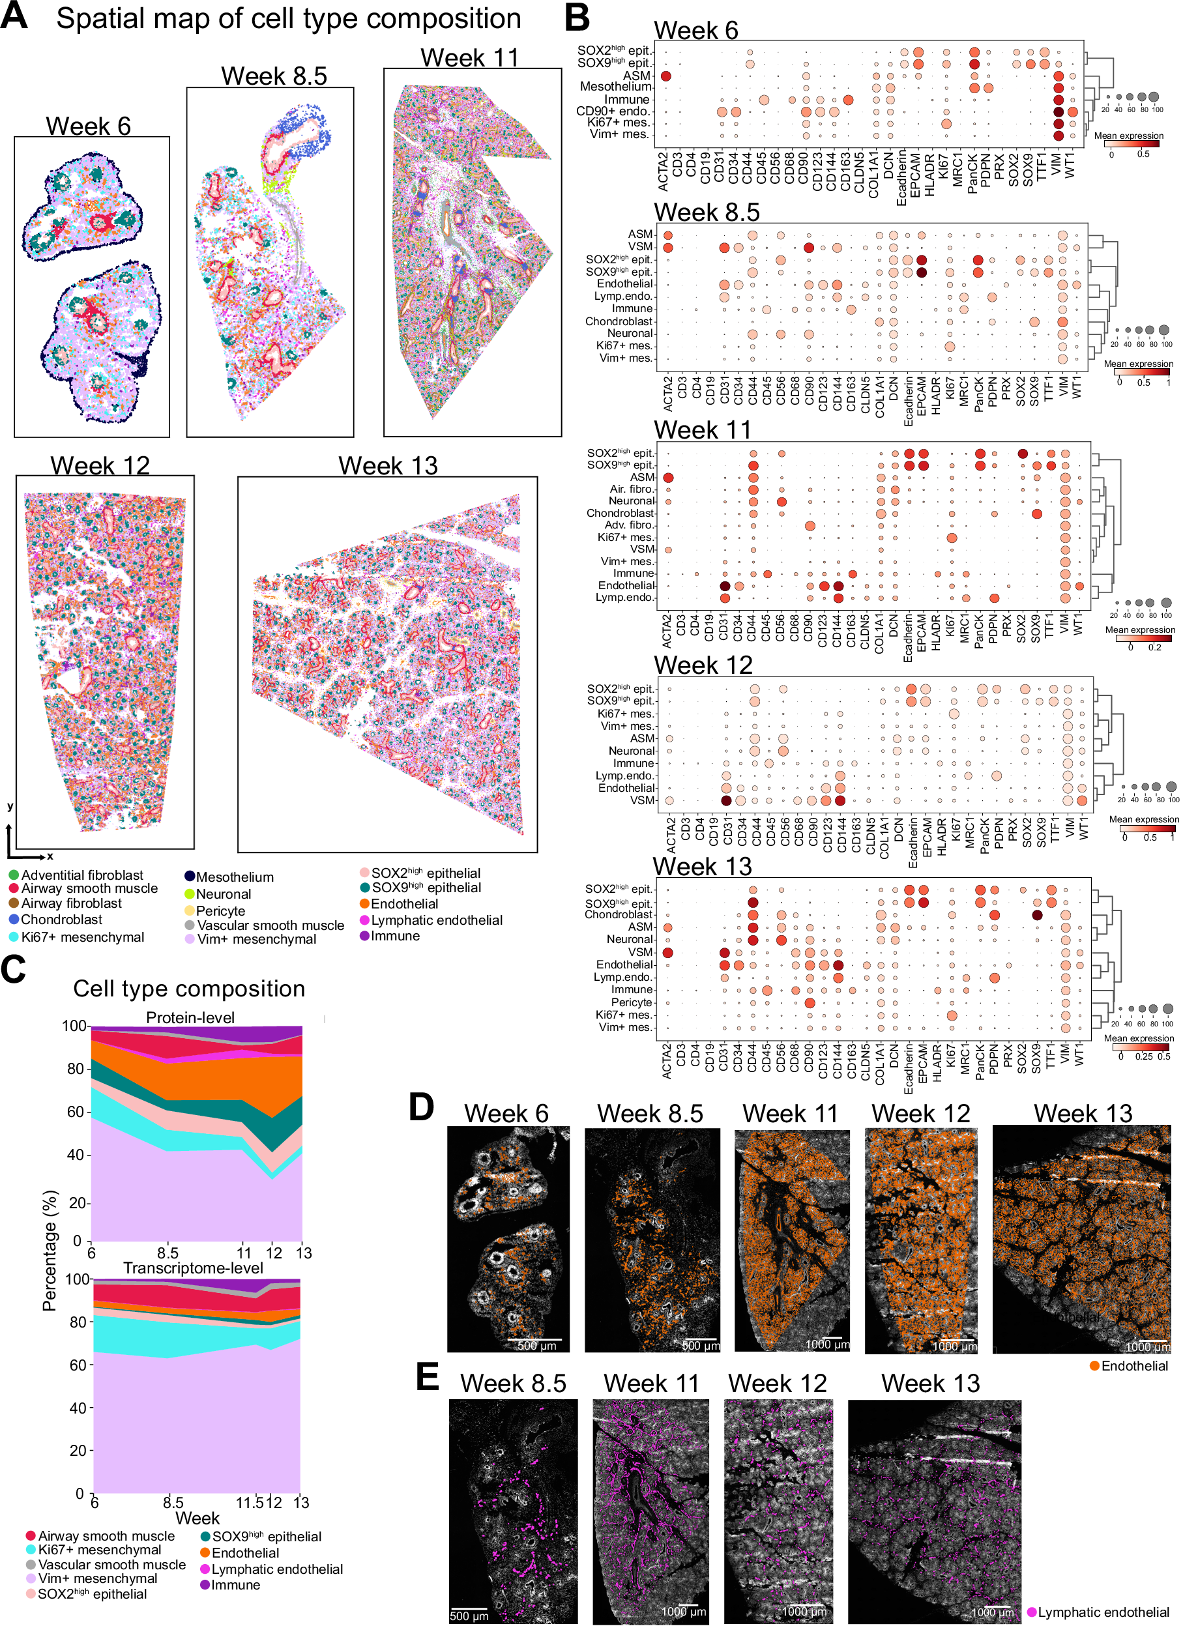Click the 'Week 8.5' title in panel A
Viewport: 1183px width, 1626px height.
click(x=274, y=76)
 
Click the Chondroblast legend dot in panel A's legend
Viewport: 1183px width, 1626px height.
click(x=14, y=919)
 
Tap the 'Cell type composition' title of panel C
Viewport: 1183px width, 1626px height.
click(x=188, y=989)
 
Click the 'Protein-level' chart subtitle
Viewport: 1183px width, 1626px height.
click(x=190, y=1017)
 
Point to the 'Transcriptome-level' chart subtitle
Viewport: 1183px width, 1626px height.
click(x=193, y=1268)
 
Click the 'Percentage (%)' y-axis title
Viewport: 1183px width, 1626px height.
click(x=49, y=1251)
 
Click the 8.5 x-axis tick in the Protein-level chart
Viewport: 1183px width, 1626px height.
click(x=168, y=1253)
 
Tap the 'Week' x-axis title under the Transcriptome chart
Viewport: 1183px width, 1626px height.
click(x=197, y=1518)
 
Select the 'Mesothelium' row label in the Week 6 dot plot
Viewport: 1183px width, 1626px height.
click(x=615, y=87)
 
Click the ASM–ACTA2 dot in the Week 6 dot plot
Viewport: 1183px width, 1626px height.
click(x=665, y=76)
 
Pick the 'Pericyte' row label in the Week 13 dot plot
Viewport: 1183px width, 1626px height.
click(x=631, y=1002)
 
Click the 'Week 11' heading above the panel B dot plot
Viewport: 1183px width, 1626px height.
click(x=703, y=430)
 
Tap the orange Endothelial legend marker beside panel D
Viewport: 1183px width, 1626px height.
click(x=1094, y=1366)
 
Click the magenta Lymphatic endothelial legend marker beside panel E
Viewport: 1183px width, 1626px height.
click(x=1032, y=1612)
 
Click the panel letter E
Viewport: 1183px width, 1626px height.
click(x=428, y=1377)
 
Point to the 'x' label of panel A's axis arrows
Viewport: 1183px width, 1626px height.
click(x=50, y=856)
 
